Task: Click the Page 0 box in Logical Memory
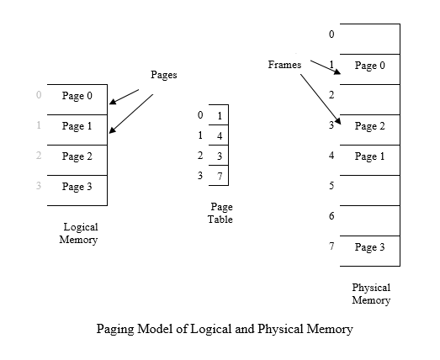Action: (x=77, y=97)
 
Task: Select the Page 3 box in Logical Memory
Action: (x=77, y=188)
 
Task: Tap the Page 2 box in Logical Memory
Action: (x=77, y=157)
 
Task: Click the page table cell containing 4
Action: (x=219, y=135)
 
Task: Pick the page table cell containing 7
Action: (x=219, y=176)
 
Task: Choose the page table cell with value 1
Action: (x=219, y=115)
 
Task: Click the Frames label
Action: (x=284, y=65)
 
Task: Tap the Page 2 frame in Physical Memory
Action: (x=369, y=127)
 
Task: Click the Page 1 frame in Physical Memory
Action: (x=369, y=157)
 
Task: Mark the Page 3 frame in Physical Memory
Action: (x=369, y=248)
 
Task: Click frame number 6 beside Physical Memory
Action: (x=331, y=217)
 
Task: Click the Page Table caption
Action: (x=220, y=214)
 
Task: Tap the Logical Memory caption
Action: (x=78, y=234)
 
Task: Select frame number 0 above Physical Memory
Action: (x=331, y=35)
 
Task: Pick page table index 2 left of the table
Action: (x=200, y=156)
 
